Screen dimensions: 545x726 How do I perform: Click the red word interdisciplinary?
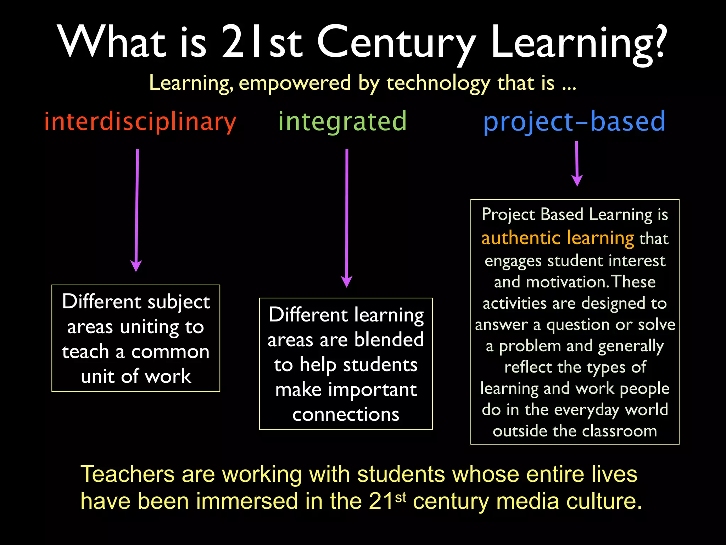click(x=140, y=122)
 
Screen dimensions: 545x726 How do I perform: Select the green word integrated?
click(x=342, y=122)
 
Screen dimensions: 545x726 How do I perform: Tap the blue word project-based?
click(x=574, y=122)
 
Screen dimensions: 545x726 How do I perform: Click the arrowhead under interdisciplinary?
click(x=136, y=266)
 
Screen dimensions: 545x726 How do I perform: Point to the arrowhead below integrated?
click(x=346, y=282)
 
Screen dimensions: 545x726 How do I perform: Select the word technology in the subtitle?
click(x=438, y=83)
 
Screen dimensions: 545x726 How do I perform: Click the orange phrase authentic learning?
click(x=557, y=238)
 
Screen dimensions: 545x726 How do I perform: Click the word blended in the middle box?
click(x=389, y=340)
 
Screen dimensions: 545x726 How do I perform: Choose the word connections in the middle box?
click(x=346, y=414)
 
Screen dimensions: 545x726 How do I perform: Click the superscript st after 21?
click(x=401, y=497)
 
